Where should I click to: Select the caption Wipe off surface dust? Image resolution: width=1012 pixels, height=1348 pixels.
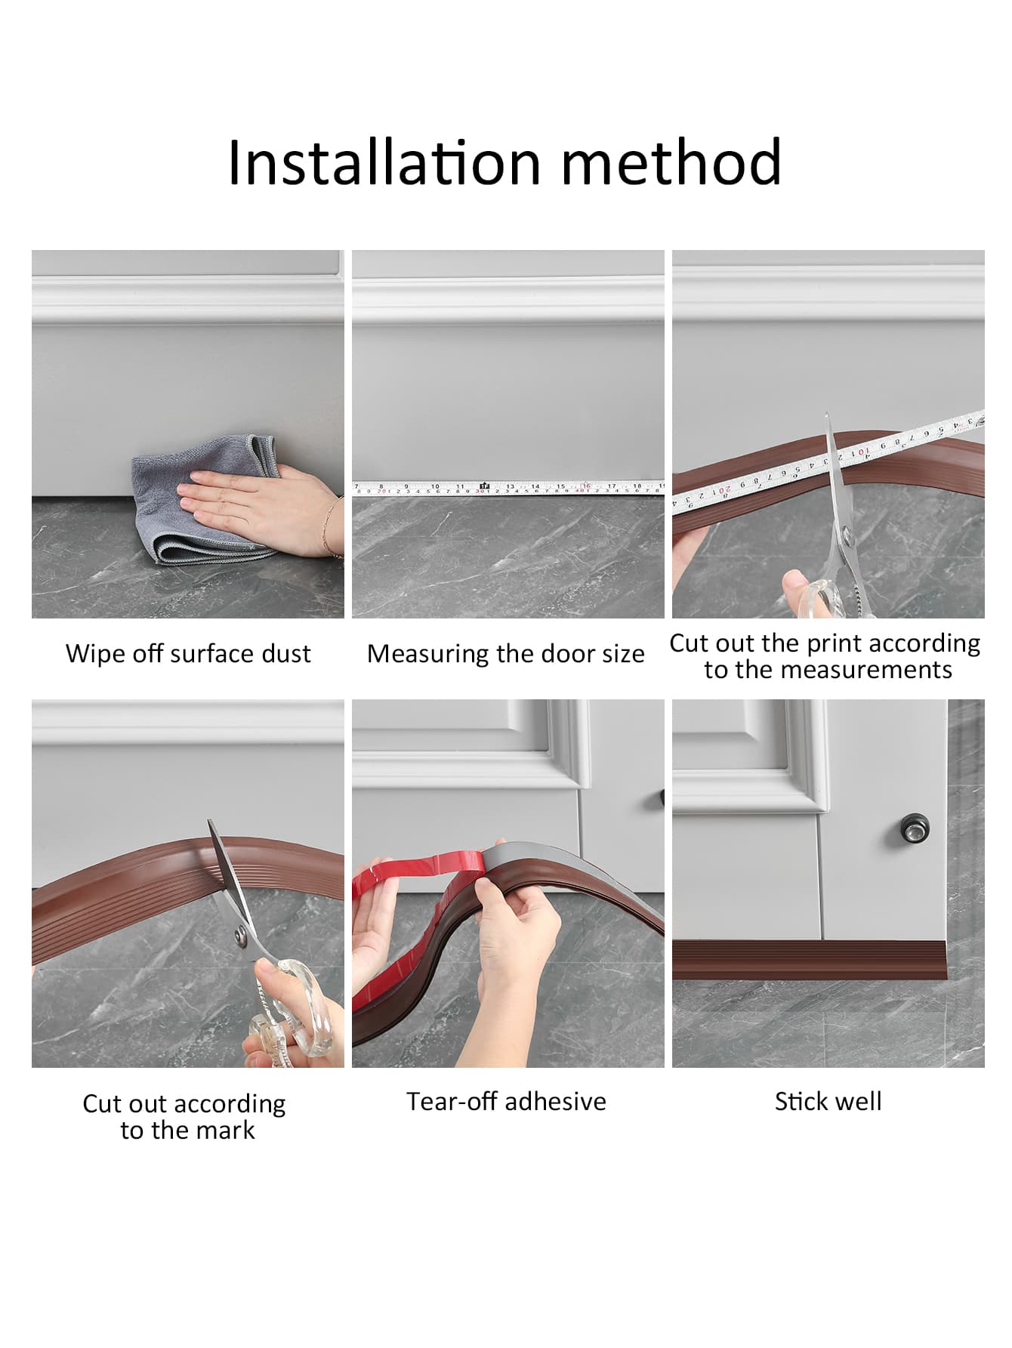tap(188, 653)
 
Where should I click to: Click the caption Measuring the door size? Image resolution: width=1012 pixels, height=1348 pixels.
tap(506, 654)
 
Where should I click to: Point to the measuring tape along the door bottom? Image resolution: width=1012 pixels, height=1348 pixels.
tap(508, 489)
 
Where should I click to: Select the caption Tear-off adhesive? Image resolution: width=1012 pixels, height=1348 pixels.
tap(506, 1101)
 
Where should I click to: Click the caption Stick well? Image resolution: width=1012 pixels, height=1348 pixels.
tap(828, 1101)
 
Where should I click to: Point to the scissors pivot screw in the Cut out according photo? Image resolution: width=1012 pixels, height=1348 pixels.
tap(241, 937)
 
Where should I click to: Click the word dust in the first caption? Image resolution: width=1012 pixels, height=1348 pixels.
tap(286, 653)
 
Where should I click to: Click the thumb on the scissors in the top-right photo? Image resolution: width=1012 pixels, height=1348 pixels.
tap(798, 584)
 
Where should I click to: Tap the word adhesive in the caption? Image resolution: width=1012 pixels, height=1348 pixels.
tap(556, 1101)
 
